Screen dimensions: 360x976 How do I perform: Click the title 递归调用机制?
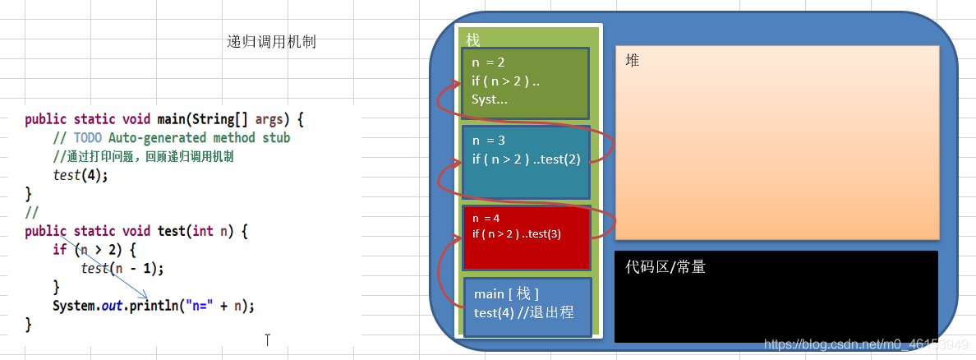271,42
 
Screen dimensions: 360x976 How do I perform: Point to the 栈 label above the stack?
472,39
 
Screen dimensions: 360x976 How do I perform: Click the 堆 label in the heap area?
632,60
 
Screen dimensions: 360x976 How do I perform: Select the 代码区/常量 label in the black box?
665,267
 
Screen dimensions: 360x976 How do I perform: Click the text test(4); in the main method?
81,175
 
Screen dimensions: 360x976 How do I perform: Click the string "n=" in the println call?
200,306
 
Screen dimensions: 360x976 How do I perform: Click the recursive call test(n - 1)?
122,268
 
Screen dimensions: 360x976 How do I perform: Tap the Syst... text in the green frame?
490,99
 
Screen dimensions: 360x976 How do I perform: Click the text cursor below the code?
267,339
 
